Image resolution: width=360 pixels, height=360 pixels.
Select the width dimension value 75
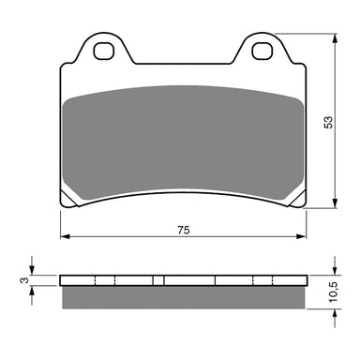[x=184, y=230]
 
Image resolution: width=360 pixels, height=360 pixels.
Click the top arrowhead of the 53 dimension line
[x=336, y=39]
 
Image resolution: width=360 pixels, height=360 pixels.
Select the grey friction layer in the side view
[x=183, y=296]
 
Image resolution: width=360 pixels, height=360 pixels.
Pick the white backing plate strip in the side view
[x=183, y=280]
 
